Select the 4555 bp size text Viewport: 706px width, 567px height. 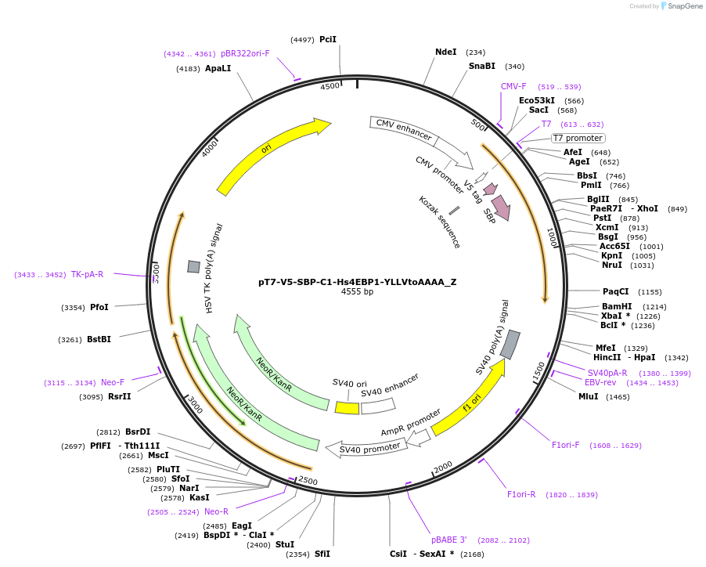point(357,292)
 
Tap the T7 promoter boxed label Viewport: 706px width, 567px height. point(578,139)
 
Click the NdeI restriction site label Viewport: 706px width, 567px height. point(445,52)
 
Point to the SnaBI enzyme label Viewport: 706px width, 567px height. point(482,67)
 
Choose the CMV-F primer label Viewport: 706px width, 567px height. point(513,86)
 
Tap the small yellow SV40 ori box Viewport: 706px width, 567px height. point(347,408)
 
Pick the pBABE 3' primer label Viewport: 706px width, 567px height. point(448,540)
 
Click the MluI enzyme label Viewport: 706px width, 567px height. point(588,397)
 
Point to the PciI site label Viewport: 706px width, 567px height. point(328,39)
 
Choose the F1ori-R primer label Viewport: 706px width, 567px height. point(521,494)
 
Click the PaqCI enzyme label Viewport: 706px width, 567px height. point(615,291)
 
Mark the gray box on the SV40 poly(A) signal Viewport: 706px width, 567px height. point(510,345)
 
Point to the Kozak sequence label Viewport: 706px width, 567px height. point(439,222)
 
